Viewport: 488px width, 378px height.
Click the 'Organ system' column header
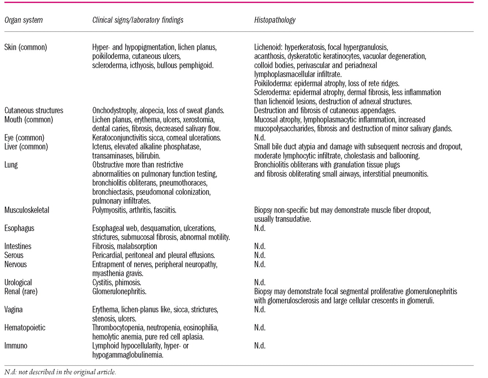coord(23,20)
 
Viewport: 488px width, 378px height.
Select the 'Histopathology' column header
coord(275,20)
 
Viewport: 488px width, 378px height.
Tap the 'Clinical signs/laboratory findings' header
coord(138,20)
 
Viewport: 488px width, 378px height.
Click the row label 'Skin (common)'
coord(26,47)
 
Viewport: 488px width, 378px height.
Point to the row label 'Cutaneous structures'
coord(34,111)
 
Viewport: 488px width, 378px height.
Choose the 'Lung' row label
coord(11,165)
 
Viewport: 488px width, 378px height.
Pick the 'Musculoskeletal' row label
coord(27,210)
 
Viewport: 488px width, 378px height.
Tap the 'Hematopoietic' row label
coord(25,328)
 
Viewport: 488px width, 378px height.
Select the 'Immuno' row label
coord(16,346)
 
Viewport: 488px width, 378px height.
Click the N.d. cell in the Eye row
coord(260,138)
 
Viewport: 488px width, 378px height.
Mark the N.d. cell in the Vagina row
coord(260,310)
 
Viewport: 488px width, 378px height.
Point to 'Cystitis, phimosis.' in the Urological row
coord(117,282)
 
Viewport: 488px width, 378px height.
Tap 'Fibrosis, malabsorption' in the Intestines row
coord(125,247)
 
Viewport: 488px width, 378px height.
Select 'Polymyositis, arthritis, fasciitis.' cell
coord(134,210)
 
